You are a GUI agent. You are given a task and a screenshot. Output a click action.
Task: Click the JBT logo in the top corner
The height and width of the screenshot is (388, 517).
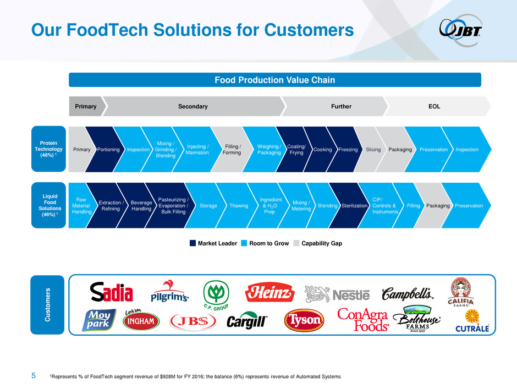point(460,30)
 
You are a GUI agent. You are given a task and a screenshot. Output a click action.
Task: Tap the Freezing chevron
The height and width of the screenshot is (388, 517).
point(346,150)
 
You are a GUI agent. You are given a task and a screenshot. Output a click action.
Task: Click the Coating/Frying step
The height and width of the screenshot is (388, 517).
point(295,150)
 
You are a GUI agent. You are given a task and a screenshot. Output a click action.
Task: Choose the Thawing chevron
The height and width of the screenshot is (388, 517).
point(237,205)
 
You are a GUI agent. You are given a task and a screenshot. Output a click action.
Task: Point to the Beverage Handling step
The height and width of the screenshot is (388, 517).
point(139,205)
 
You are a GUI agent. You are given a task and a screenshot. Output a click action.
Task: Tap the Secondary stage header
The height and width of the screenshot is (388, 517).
point(194,106)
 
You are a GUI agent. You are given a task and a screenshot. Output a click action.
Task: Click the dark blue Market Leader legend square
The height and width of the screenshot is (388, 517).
point(193,243)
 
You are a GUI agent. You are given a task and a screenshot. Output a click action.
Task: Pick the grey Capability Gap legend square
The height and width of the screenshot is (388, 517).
point(296,243)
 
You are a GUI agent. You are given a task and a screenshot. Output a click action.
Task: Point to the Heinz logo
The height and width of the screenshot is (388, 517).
point(269,292)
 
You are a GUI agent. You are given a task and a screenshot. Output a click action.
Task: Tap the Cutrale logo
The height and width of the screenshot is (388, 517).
point(472,321)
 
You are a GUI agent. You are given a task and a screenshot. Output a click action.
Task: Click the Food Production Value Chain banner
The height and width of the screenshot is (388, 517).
point(275,80)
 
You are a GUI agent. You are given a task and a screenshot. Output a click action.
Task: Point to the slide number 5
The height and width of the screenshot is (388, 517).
point(34,375)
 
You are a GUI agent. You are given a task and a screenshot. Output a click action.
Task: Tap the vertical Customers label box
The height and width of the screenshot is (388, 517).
point(47,305)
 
